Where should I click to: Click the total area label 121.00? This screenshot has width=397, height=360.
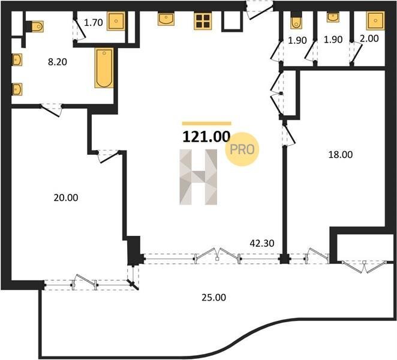pos(206,137)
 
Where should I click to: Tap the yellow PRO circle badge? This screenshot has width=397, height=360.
pos(242,149)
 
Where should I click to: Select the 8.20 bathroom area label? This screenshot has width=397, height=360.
pos(58,62)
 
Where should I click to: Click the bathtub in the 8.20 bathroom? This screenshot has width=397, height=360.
pos(104,68)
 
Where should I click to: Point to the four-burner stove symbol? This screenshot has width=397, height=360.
pos(203,21)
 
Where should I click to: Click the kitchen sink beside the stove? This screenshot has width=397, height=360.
pos(166,19)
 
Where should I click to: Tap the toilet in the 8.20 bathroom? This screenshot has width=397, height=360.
pos(35,26)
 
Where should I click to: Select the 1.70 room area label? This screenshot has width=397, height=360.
pos(93,23)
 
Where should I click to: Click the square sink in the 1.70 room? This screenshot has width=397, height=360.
pos(116,21)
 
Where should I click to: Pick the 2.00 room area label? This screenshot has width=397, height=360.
pos(369,38)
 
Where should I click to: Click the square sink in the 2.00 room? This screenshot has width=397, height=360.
pos(375,21)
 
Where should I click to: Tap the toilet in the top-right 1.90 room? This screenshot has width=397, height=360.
pos(296,20)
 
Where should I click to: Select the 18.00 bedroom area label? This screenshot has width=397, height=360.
pos(340,155)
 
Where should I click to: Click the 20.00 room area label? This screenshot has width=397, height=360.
pos(66,197)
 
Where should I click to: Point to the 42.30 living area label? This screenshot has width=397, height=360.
pos(262,244)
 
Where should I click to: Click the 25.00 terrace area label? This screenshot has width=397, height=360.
pos(213,298)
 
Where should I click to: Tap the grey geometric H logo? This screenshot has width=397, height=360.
pos(198,177)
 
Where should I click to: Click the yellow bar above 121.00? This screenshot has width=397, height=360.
pos(207,124)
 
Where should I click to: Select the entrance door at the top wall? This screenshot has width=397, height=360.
pos(260,10)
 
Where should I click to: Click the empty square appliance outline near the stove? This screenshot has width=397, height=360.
pos(231,22)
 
